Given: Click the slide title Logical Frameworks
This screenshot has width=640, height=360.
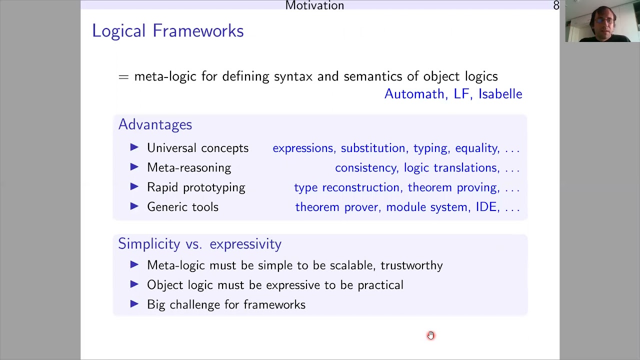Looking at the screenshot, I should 167,31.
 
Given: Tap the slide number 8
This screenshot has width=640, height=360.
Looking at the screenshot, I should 556,6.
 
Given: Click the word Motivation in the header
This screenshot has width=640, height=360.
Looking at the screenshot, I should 314,6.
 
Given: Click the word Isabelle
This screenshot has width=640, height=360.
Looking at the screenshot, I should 500,94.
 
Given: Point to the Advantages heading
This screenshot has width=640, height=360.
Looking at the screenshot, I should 155,124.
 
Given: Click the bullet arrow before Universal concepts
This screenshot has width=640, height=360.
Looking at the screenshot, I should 134,147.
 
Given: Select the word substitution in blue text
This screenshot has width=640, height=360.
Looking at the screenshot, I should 373,148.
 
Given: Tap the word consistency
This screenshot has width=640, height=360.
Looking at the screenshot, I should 365,168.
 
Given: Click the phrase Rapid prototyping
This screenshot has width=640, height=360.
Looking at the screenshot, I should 196,187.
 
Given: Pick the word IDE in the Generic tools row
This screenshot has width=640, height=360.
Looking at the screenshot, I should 486,207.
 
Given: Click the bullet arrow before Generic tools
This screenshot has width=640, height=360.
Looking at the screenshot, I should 134,206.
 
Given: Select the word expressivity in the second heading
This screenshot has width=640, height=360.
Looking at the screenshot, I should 245,244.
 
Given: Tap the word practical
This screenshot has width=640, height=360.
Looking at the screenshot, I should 380,285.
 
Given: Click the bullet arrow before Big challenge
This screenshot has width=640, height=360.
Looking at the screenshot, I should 134,304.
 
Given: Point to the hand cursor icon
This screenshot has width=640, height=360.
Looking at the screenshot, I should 431,335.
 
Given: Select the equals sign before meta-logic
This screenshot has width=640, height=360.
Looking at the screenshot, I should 123,77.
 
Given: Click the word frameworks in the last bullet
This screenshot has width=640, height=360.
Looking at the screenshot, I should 274,305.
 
